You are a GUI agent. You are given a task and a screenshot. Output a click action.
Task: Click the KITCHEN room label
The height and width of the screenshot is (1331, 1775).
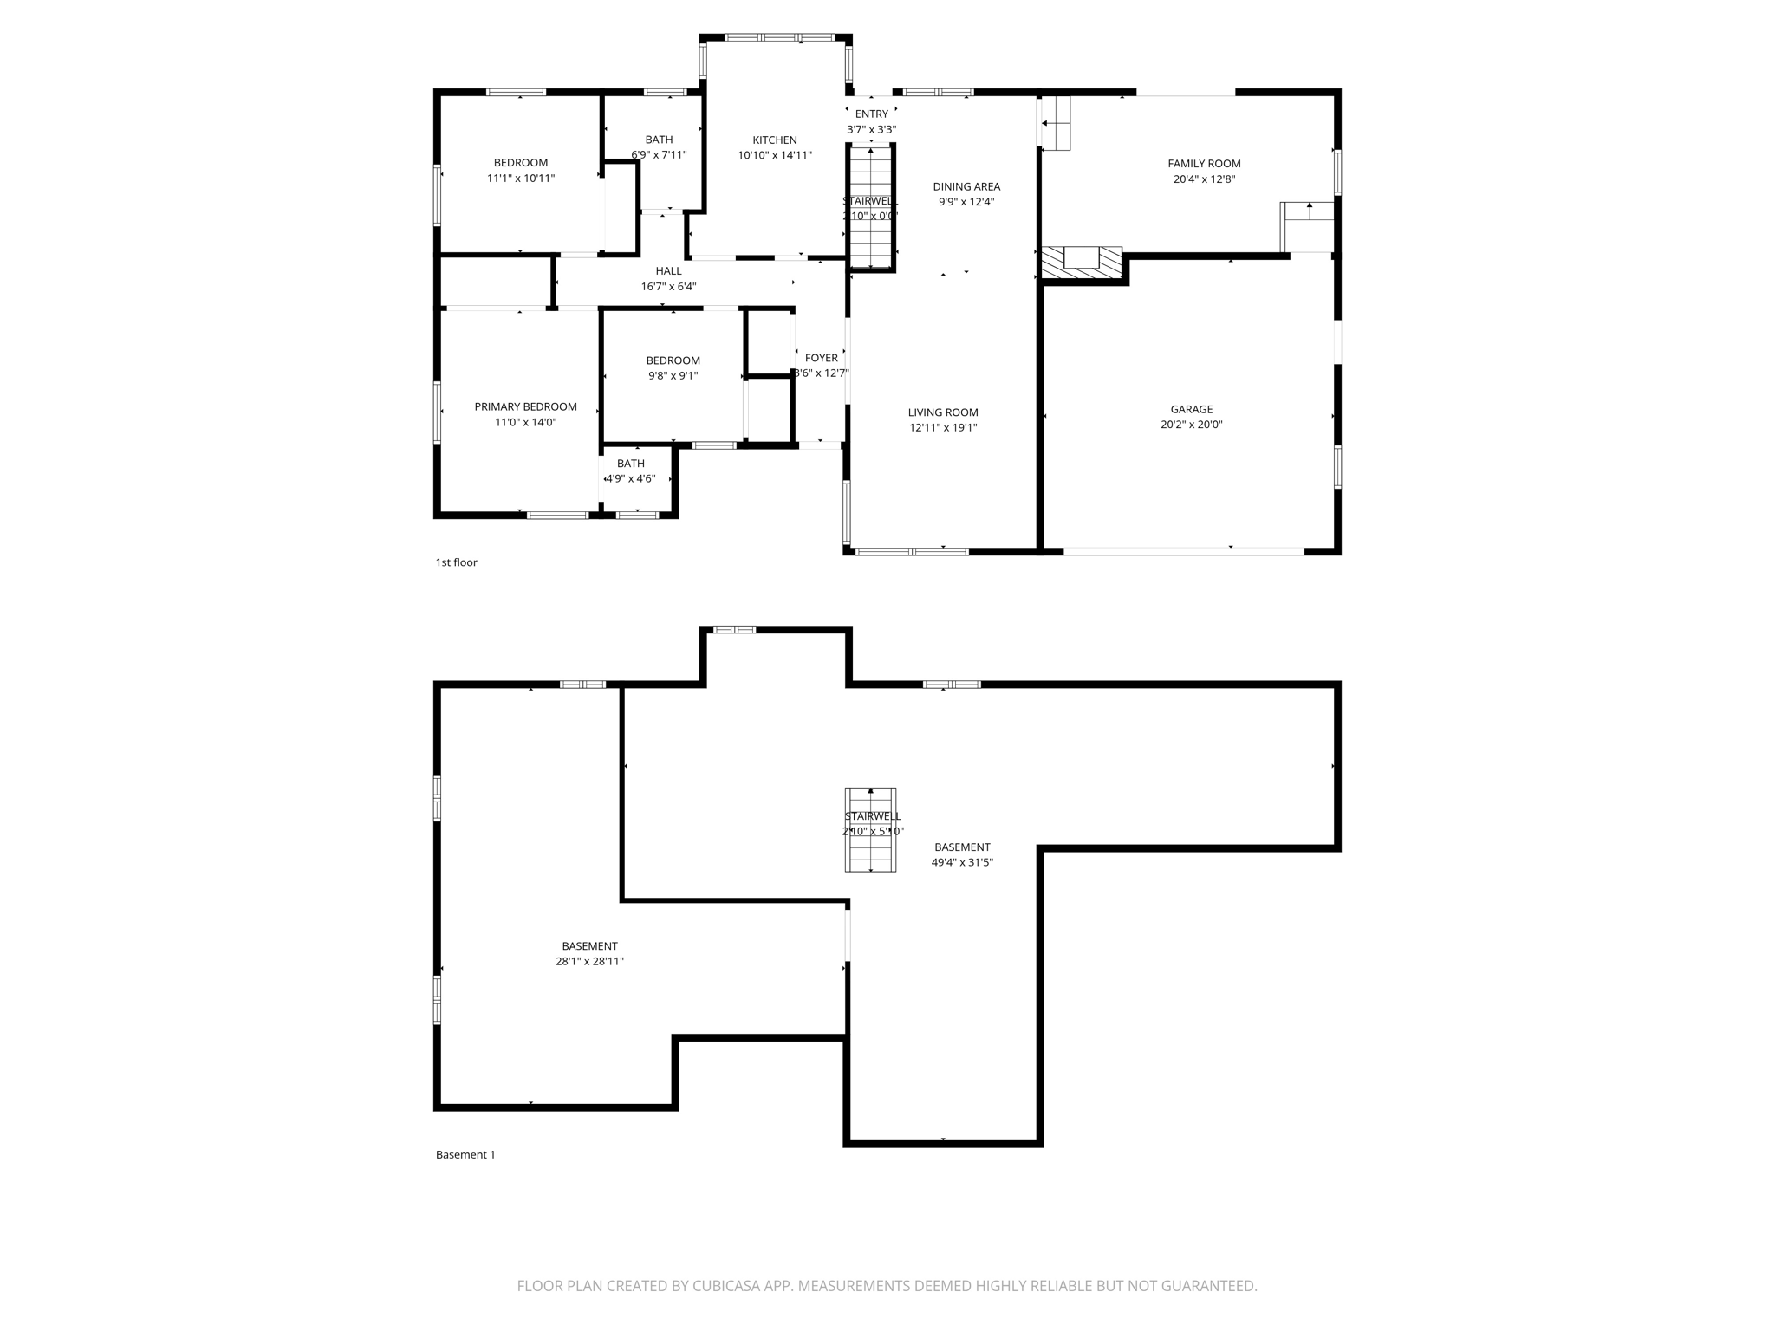(x=774, y=140)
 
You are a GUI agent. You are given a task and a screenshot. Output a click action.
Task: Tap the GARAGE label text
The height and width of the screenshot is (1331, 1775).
(x=1191, y=409)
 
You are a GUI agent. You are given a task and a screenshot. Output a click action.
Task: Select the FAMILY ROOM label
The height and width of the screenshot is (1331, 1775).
(x=1203, y=164)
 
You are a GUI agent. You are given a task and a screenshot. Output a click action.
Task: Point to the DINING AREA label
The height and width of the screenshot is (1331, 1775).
(x=966, y=186)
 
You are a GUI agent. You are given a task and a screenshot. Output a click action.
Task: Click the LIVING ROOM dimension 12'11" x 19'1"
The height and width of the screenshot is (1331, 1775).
(x=942, y=427)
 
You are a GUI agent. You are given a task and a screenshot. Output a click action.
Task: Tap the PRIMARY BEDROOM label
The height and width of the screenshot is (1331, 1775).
(x=525, y=407)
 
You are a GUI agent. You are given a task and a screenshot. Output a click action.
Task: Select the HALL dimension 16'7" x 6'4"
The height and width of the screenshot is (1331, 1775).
(x=668, y=287)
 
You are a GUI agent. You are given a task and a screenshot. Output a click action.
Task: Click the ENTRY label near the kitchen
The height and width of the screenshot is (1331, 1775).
(x=871, y=114)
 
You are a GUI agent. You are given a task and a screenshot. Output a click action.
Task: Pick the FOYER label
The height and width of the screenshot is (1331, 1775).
(x=821, y=358)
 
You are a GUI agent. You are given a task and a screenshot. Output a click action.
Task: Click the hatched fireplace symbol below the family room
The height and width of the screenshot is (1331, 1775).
(x=1081, y=263)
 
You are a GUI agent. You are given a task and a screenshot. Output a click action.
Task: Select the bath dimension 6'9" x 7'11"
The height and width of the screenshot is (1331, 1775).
(x=659, y=155)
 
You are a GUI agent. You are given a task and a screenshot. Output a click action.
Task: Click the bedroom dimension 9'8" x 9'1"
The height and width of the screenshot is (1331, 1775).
(x=673, y=376)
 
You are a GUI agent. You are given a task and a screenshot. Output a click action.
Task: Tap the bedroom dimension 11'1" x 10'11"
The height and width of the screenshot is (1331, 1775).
(x=520, y=179)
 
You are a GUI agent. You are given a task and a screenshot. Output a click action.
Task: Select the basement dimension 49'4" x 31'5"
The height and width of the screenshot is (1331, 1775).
(x=961, y=862)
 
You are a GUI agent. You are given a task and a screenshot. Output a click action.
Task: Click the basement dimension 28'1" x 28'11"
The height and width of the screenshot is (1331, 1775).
(x=589, y=961)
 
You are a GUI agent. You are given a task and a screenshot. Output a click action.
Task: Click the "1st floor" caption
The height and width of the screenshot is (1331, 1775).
(x=456, y=562)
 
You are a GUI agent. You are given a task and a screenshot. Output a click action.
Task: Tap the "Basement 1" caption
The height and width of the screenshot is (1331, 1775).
(x=465, y=1154)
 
